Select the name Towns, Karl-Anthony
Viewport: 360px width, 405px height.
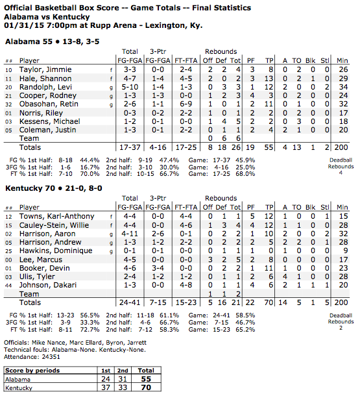[51, 216]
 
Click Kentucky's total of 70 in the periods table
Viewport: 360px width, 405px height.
[147, 387]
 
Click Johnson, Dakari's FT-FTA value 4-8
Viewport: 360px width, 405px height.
[186, 284]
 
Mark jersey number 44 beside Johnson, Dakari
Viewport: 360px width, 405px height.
[9, 284]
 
